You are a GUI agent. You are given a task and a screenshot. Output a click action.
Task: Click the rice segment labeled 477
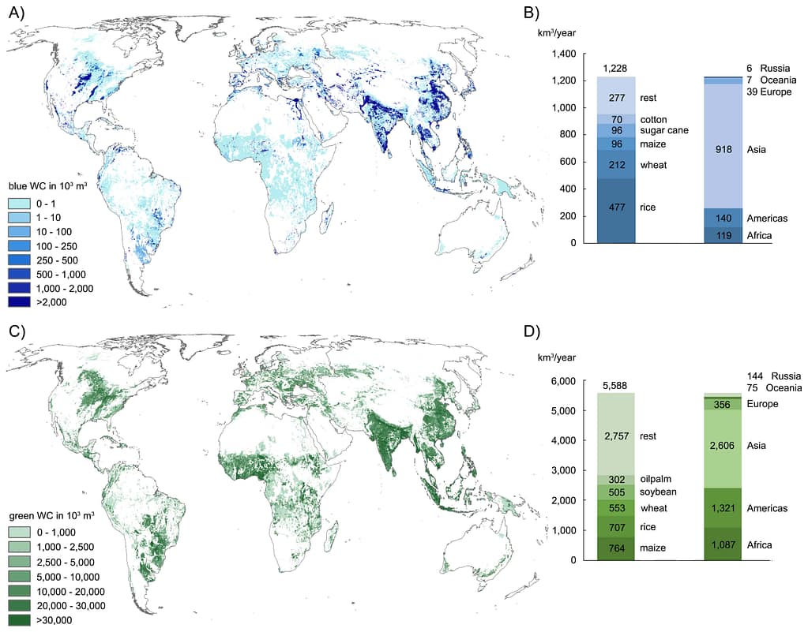click(x=616, y=208)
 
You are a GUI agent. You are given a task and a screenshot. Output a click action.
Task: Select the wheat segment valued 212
click(x=616, y=165)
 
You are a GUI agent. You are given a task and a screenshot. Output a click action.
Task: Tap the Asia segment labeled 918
click(x=723, y=149)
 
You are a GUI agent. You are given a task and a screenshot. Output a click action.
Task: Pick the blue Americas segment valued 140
click(x=723, y=218)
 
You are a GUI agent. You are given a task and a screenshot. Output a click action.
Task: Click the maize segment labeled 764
click(x=616, y=548)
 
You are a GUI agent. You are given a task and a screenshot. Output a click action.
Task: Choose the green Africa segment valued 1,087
click(x=723, y=544)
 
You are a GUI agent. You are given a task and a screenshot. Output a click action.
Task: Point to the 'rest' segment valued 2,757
click(x=616, y=436)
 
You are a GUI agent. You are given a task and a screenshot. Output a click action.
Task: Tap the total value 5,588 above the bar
click(x=616, y=386)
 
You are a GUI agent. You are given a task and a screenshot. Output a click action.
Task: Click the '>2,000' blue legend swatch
click(x=24, y=301)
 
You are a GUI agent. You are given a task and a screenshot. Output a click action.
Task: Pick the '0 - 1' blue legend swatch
click(x=24, y=203)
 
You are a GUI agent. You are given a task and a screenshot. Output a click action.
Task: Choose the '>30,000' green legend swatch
click(x=24, y=620)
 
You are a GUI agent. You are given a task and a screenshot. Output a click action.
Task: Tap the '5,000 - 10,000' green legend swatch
click(x=24, y=577)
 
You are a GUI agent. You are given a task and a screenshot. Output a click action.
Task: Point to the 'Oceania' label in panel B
click(x=776, y=80)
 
